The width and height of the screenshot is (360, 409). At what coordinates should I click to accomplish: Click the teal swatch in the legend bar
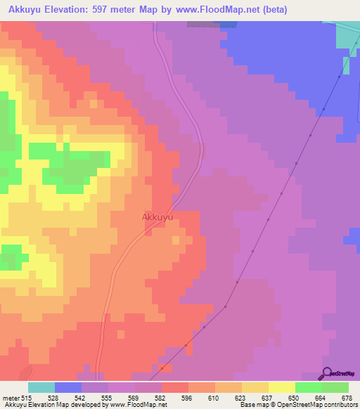click(41, 387)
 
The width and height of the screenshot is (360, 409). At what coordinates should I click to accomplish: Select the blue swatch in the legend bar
click(68, 387)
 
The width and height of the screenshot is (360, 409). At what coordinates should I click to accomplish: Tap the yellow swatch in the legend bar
click(281, 387)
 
